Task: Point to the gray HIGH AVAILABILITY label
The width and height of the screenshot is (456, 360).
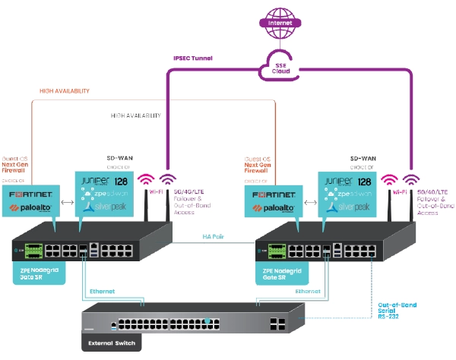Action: pos(135,116)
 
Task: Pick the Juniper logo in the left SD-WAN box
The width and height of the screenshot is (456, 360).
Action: pos(99,182)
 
